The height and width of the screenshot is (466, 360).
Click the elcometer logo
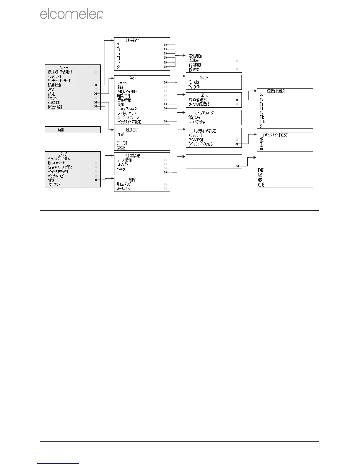tap(71, 14)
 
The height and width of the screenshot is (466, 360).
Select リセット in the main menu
tap(52, 98)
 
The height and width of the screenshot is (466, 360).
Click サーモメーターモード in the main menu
tap(59, 81)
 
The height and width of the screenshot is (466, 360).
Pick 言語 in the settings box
tap(120, 87)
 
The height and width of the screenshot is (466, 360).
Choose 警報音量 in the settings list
tap(124, 100)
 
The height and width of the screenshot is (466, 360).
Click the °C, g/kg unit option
tap(194, 82)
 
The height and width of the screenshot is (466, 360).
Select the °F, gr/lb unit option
tap(194, 86)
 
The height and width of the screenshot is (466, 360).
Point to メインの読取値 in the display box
tap(199, 104)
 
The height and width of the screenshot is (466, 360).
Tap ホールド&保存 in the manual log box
tap(196, 122)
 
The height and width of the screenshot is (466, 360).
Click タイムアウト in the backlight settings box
tap(196, 140)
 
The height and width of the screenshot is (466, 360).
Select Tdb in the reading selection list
tap(262, 117)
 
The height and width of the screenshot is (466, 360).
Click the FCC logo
tap(261, 170)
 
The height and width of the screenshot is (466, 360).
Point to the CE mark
tap(261, 184)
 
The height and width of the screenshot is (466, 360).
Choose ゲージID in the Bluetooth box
tap(122, 143)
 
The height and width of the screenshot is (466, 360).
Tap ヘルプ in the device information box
tap(121, 169)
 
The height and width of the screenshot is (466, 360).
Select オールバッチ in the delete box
tap(124, 188)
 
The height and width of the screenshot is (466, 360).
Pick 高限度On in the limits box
tap(195, 56)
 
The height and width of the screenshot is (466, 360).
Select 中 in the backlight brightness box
tap(261, 144)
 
